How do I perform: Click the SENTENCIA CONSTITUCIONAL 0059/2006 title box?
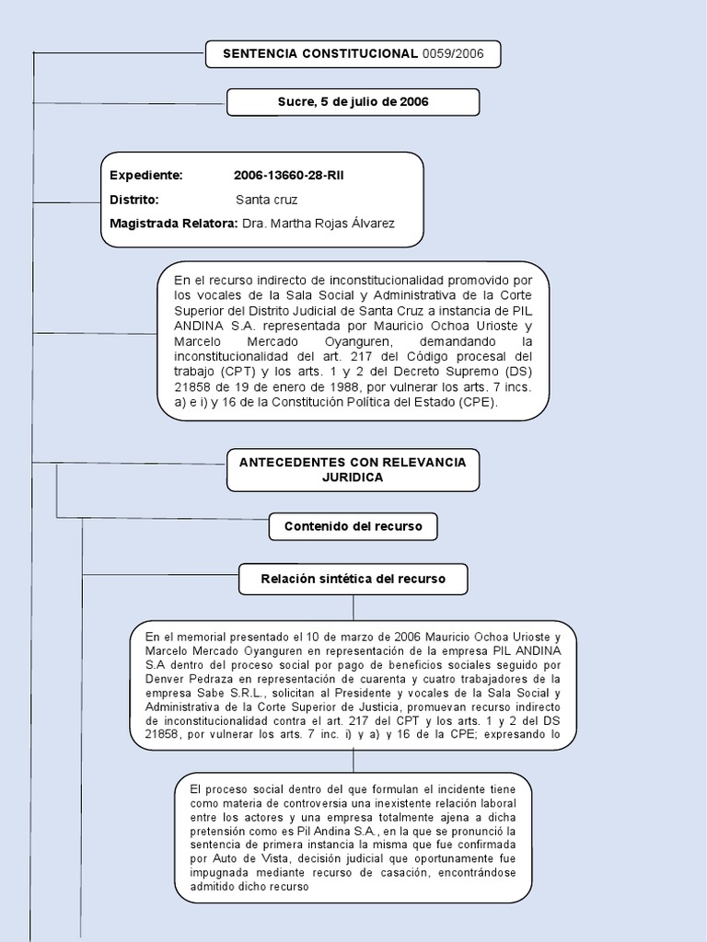click(353, 54)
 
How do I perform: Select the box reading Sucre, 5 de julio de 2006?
click(353, 102)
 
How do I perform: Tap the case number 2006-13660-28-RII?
click(289, 176)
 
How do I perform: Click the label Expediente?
click(146, 176)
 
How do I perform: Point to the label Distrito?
click(134, 200)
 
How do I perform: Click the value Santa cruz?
click(266, 200)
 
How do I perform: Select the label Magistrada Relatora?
click(173, 224)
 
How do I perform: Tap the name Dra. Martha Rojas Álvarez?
click(318, 224)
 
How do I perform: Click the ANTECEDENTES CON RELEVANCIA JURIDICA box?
click(353, 469)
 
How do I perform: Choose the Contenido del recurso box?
click(353, 526)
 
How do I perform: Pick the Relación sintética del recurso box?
click(353, 579)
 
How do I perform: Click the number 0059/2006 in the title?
click(453, 54)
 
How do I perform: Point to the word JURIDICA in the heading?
click(353, 477)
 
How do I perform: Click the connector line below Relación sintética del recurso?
click(353, 607)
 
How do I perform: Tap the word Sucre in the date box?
click(295, 102)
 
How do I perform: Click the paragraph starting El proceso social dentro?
click(353, 838)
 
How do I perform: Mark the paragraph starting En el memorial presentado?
click(353, 685)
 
